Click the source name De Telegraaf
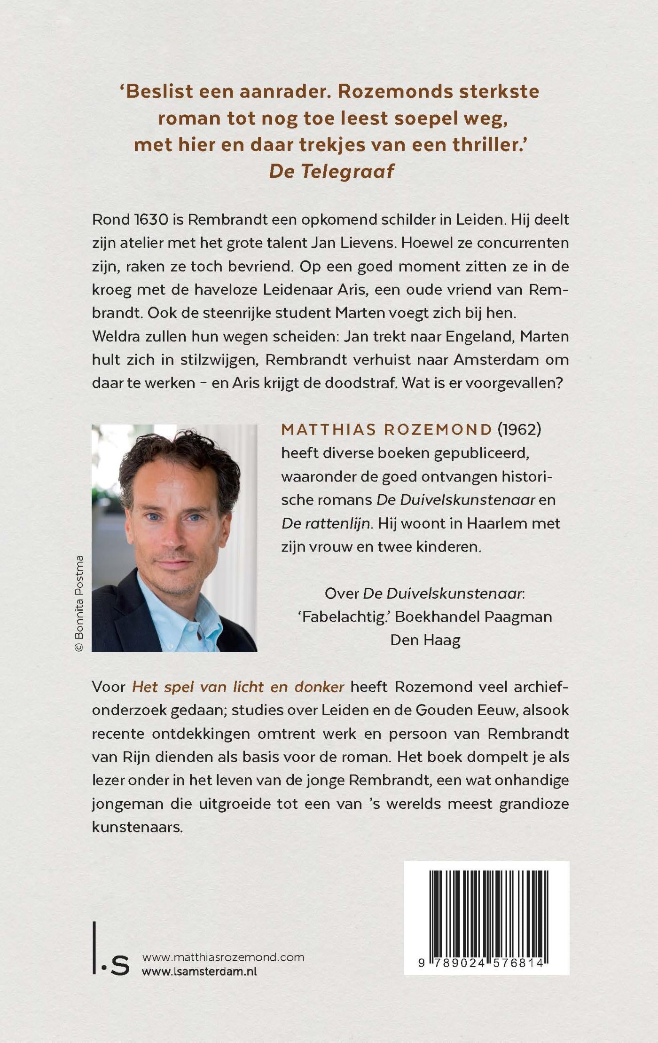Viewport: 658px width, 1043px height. coord(331,171)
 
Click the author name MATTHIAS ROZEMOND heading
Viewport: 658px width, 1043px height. coord(386,430)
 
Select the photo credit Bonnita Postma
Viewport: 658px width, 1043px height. coord(79,603)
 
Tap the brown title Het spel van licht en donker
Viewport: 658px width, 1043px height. coord(238,687)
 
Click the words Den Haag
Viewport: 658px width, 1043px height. coord(425,640)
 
